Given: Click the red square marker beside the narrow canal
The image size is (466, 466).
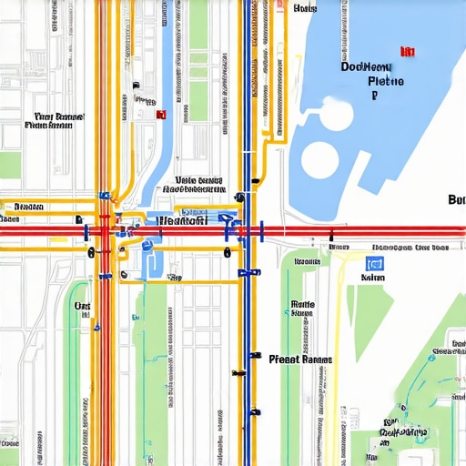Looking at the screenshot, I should pyautogui.click(x=161, y=115).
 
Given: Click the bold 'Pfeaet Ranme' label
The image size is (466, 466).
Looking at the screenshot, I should pyautogui.click(x=301, y=360).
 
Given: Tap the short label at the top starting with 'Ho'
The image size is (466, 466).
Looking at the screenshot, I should pyautogui.click(x=306, y=9).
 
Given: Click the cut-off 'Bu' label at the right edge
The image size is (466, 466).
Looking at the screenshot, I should pyautogui.click(x=457, y=199).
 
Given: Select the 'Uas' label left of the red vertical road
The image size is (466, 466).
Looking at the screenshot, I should pyautogui.click(x=82, y=307).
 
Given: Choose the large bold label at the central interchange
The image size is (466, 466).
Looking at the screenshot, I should pyautogui.click(x=183, y=219).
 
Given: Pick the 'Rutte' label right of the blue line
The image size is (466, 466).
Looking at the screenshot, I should pyautogui.click(x=301, y=308).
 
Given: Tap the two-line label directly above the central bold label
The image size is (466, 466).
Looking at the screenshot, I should pyautogui.click(x=198, y=186).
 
